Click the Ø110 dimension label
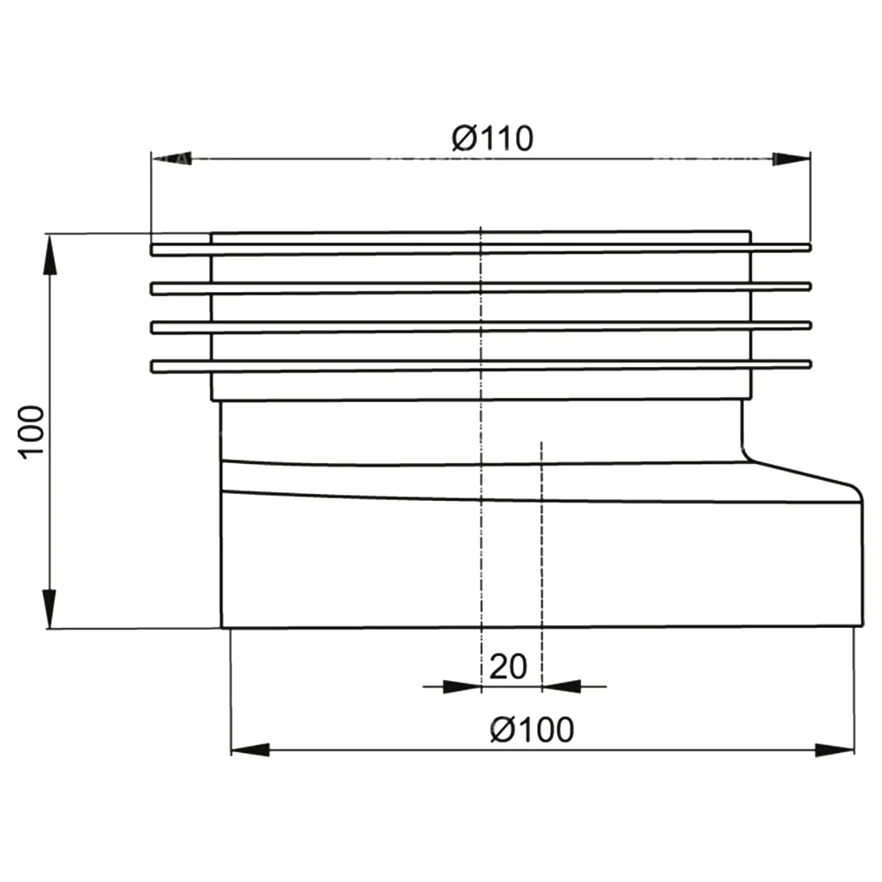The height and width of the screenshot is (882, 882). pos(493,138)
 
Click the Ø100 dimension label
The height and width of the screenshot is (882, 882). pos(532,729)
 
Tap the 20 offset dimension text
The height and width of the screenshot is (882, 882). pos(508,667)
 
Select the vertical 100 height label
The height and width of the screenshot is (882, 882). pos(32,432)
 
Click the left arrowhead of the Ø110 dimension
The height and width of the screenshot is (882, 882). pos(172,159)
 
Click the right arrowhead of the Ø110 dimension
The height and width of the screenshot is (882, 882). pos(791,159)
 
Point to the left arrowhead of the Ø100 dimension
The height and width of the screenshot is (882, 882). pos(250,750)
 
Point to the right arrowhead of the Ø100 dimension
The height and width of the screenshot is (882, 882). pos(834,750)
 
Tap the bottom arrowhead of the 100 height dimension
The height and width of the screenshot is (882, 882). pos(50,609)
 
